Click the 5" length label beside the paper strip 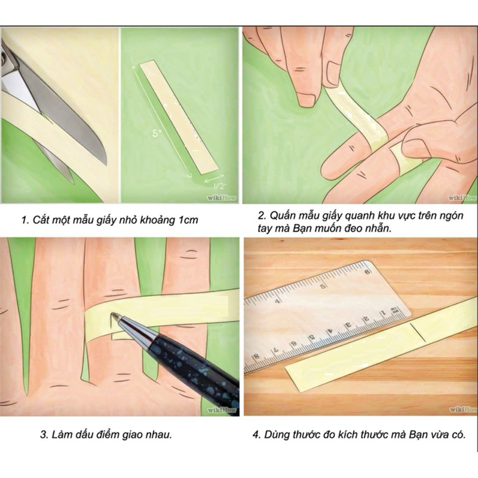coord(157,133)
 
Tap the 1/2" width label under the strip coord(218,186)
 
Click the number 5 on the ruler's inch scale coord(323,286)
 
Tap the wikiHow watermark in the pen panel coord(222,410)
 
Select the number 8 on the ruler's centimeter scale coord(257,356)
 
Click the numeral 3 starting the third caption coord(43,435)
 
